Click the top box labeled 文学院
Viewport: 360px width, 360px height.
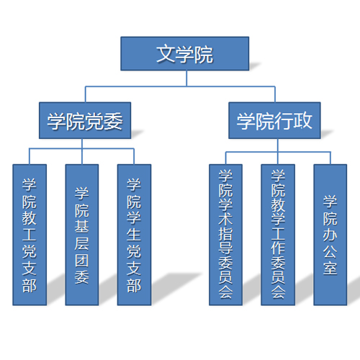[185, 53]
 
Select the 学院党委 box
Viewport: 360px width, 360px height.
[85, 120]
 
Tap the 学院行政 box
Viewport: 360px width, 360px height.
[274, 120]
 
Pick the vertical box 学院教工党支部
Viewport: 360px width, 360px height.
[30, 235]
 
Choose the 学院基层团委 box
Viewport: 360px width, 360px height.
[82, 235]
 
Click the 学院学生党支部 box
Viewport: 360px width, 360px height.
[134, 235]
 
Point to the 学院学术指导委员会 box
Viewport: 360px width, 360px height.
[225, 235]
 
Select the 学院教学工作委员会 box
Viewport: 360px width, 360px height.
[278, 235]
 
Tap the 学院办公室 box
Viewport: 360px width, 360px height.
[330, 235]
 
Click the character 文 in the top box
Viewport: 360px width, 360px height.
[166, 54]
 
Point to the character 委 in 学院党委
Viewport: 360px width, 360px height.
[113, 121]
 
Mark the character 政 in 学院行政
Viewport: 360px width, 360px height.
[303, 121]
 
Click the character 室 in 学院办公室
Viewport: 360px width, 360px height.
[330, 268]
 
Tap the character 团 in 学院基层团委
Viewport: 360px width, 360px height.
[82, 261]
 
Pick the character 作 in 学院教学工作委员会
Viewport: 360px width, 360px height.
[278, 248]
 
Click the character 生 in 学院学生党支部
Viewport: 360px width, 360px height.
[134, 235]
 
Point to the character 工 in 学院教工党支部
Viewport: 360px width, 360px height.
[30, 235]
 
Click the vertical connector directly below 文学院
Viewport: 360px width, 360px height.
[186, 78]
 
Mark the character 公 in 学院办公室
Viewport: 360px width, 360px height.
[330, 251]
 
